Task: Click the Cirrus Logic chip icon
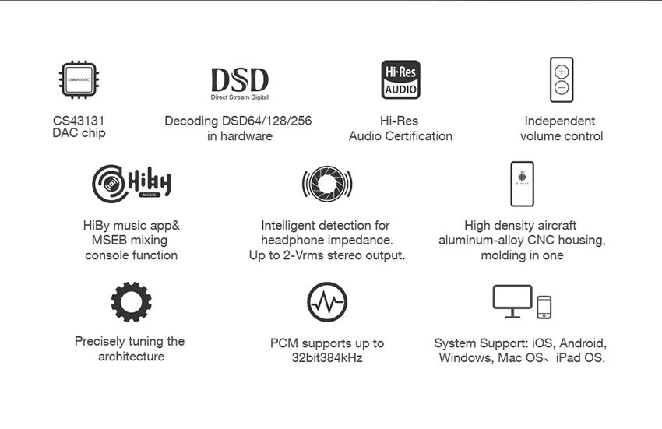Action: pyautogui.click(x=79, y=79)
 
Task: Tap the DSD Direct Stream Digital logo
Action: pyautogui.click(x=239, y=83)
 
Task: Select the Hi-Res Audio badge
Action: pyautogui.click(x=400, y=79)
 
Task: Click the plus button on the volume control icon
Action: pyautogui.click(x=562, y=71)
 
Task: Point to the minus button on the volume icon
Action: pyautogui.click(x=562, y=88)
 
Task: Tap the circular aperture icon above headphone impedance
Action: pyautogui.click(x=327, y=184)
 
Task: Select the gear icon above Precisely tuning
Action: pyautogui.click(x=131, y=302)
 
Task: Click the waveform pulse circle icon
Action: pyautogui.click(x=327, y=302)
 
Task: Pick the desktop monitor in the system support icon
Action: pyautogui.click(x=512, y=301)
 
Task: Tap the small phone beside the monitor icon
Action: pyautogui.click(x=544, y=307)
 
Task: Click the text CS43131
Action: pyautogui.click(x=79, y=121)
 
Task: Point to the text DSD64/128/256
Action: pyautogui.click(x=263, y=121)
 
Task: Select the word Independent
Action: pyautogui.click(x=560, y=121)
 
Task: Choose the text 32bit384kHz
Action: pyautogui.click(x=327, y=358)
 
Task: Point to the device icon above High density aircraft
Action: pyautogui.click(x=522, y=184)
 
